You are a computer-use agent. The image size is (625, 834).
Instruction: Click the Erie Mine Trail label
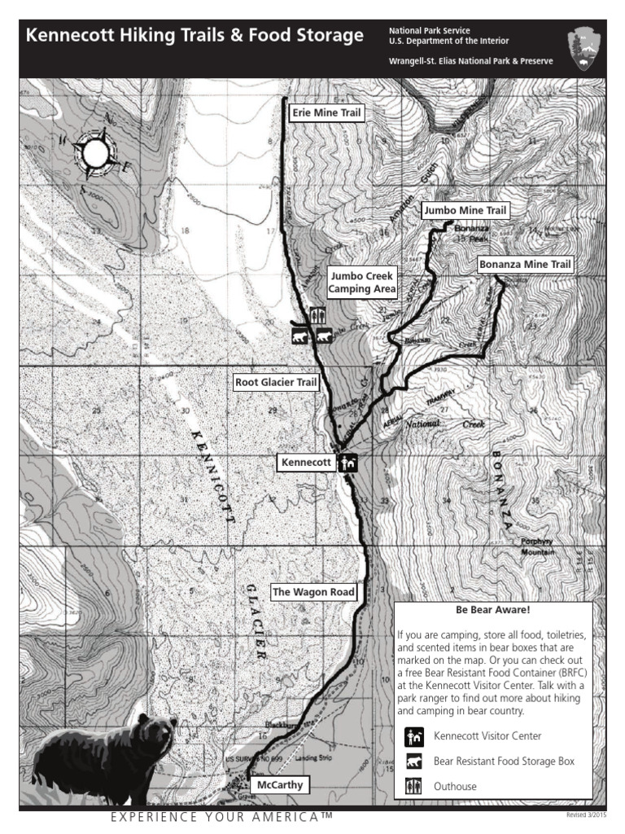(x=326, y=112)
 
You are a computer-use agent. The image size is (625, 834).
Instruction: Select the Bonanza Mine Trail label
(x=525, y=264)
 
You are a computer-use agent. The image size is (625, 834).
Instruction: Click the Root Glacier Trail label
(x=274, y=381)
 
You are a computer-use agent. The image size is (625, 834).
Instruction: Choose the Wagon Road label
(x=313, y=592)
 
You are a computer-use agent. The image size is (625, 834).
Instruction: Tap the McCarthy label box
(x=279, y=784)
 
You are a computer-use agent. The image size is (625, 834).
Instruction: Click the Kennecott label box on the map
(x=305, y=463)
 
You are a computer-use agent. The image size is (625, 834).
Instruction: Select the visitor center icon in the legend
(x=413, y=737)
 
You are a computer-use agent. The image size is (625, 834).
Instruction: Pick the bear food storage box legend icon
(x=413, y=762)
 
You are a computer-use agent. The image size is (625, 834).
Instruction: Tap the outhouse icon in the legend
(x=413, y=787)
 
